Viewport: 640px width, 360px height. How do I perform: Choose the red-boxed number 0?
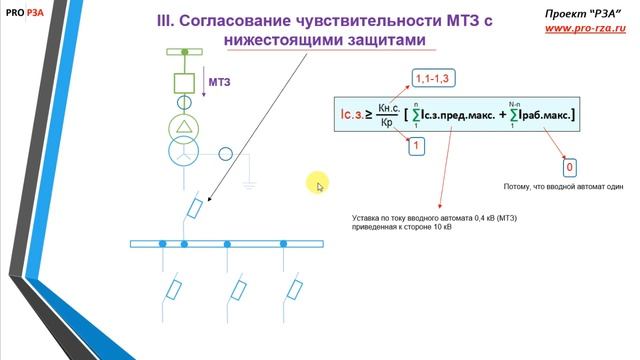[x=569, y=167]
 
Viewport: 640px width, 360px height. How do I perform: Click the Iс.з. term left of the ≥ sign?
[x=347, y=116]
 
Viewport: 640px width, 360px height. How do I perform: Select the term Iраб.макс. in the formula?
[x=542, y=117]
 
